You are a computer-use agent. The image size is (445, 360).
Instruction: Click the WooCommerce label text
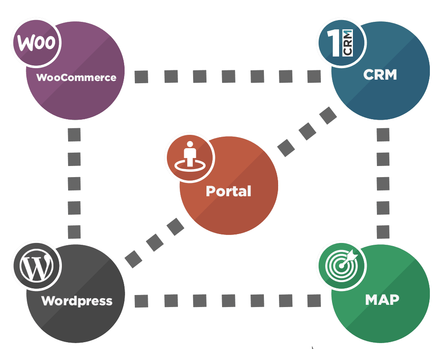pos(76,77)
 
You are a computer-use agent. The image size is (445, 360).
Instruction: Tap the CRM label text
pos(380,74)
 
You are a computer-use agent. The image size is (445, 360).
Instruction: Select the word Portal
pos(228,191)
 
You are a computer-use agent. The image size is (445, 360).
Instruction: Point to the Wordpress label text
pos(77,301)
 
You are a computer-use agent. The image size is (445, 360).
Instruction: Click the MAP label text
pos(382,299)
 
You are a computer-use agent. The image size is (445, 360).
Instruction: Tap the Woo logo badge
pos(36,43)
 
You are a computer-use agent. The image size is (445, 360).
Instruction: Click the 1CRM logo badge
pos(341,43)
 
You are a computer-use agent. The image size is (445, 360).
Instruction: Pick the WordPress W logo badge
pos(36,267)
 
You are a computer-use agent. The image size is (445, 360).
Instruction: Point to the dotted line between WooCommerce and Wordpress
pos(74,182)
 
